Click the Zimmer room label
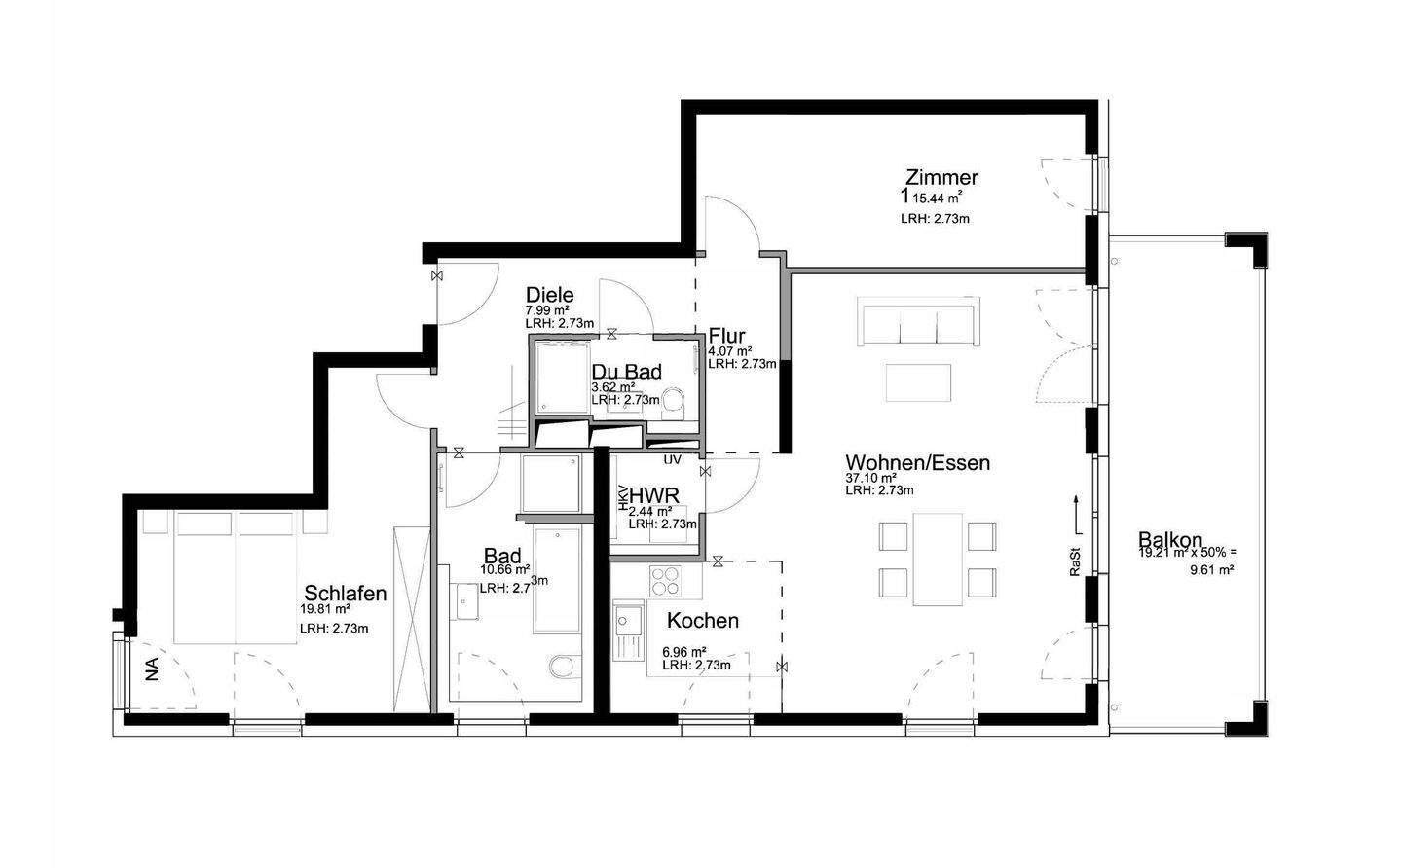[941, 178]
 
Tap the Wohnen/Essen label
[917, 462]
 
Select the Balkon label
[1169, 540]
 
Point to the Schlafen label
[346, 594]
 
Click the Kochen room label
[702, 620]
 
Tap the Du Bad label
[627, 371]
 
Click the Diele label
[550, 295]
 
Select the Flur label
[727, 337]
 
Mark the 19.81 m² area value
[325, 610]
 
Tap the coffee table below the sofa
[918, 382]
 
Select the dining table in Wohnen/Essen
[938, 559]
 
